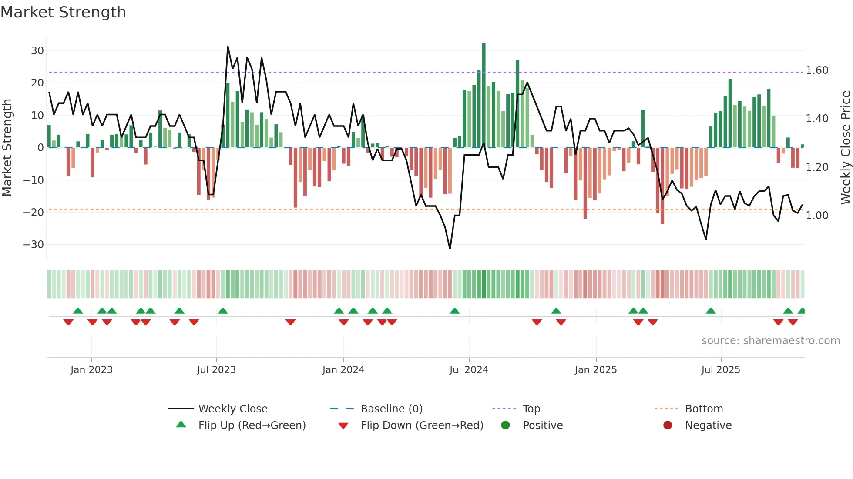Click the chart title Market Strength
click(x=63, y=12)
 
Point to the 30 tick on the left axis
click(x=37, y=50)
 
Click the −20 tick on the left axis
click(x=34, y=212)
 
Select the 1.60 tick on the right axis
click(x=817, y=70)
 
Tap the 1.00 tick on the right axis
click(x=817, y=216)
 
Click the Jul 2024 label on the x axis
click(x=469, y=370)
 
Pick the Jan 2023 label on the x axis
click(x=91, y=370)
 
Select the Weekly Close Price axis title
click(x=845, y=148)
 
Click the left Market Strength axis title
click(x=7, y=148)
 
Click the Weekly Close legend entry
click(x=233, y=409)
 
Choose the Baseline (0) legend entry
click(x=391, y=409)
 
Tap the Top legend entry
click(x=531, y=409)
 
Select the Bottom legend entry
click(x=704, y=409)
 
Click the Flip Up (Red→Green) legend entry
click(x=252, y=426)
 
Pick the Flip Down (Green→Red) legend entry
click(x=422, y=426)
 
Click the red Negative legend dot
click(x=668, y=425)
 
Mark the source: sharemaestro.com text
click(x=770, y=341)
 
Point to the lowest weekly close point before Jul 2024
click(x=450, y=249)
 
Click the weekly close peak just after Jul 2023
click(x=228, y=47)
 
